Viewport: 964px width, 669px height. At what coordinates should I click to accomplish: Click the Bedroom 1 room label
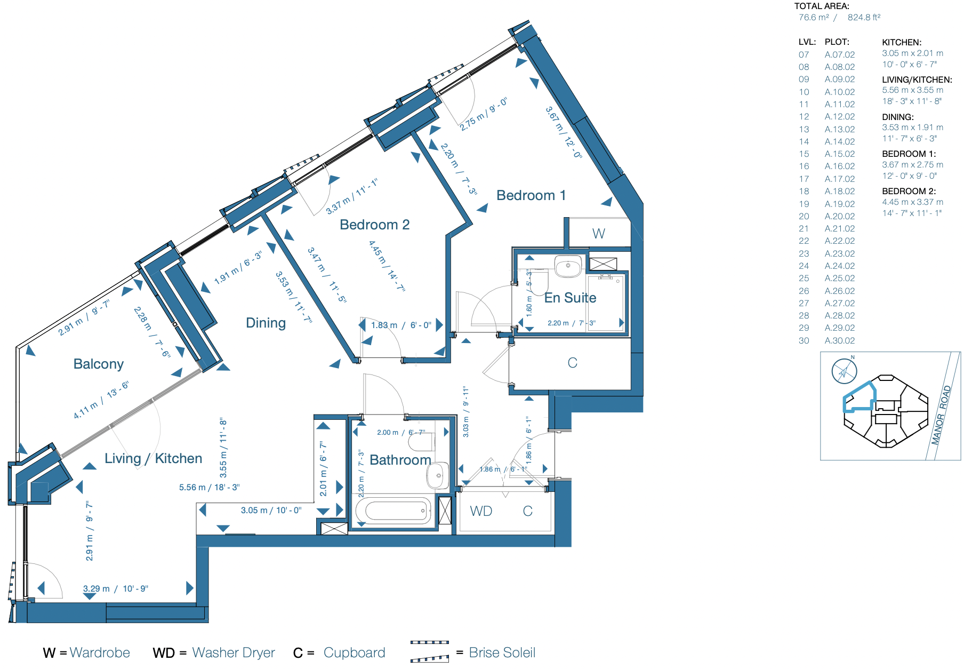tap(531, 195)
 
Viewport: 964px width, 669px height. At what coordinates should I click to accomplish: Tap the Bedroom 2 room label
tap(374, 225)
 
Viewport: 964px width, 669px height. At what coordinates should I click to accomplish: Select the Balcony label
tap(98, 364)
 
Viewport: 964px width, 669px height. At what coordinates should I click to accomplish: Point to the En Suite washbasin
tap(568, 267)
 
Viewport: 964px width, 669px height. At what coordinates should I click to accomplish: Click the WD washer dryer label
tap(481, 511)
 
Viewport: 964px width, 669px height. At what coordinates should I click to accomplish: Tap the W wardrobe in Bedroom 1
tap(598, 234)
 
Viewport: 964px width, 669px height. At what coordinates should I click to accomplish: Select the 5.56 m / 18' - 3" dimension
tap(209, 487)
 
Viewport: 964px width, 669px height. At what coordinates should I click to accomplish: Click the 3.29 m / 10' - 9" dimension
tap(116, 588)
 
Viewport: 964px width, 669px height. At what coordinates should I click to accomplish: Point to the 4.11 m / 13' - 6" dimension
tap(101, 400)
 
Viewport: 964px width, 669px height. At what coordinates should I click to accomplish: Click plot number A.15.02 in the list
tap(839, 154)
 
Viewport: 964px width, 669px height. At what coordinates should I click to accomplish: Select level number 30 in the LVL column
tap(804, 340)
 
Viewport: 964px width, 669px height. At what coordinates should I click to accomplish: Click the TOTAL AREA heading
tap(822, 6)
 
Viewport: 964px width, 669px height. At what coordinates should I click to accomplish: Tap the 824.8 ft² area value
tap(864, 17)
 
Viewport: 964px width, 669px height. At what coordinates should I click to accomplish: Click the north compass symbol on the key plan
tap(844, 370)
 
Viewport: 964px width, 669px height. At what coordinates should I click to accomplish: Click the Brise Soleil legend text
tap(502, 652)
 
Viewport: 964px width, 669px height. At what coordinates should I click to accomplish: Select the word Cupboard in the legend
tap(354, 652)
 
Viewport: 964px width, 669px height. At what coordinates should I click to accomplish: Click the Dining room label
tap(266, 323)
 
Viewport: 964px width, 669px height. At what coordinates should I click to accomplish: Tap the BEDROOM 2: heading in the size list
tap(909, 191)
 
